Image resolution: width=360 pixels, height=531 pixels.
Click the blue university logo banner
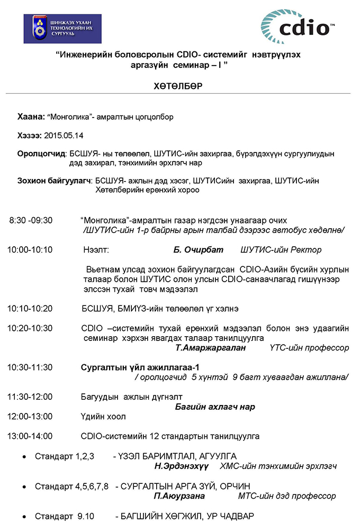point(62,29)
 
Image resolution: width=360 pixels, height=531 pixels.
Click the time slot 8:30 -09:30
point(31,220)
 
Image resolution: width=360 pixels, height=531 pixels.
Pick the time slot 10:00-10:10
point(30,250)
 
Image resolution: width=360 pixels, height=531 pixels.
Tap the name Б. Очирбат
point(199,250)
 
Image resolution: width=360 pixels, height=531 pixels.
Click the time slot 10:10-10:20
point(30,308)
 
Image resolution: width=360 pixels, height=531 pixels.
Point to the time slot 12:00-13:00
point(30,417)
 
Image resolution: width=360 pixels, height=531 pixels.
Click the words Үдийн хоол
point(103,417)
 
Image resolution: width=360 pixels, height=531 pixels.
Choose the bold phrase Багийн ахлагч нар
point(215,407)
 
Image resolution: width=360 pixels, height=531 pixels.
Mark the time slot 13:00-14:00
point(30,436)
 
